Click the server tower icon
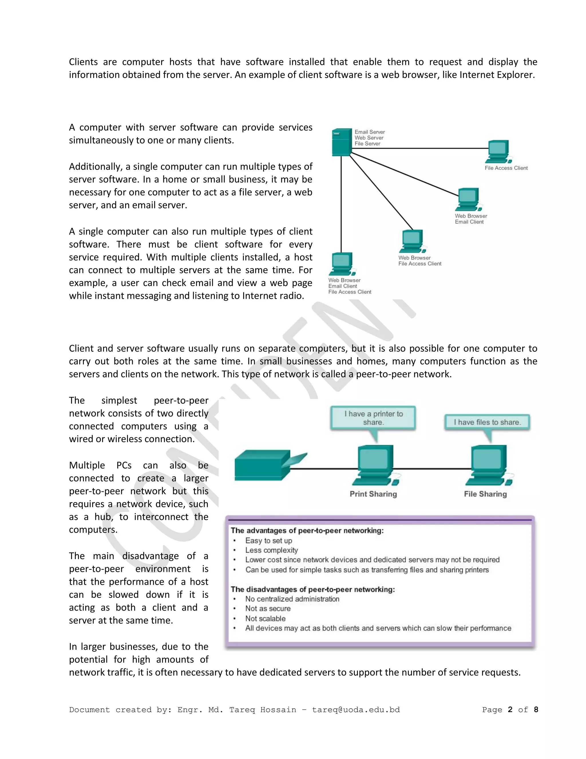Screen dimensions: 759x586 [x=342, y=142]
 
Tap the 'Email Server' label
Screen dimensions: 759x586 [x=369, y=132]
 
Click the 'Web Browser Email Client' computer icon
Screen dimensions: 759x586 [x=469, y=199]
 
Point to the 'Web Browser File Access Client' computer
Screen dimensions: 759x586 [x=412, y=241]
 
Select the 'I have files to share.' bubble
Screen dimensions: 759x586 [x=487, y=422]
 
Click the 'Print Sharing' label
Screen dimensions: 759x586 [x=373, y=494]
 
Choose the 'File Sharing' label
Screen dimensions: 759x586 [x=485, y=494]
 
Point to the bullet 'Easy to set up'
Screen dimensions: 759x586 [x=268, y=540]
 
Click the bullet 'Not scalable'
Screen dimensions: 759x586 [x=265, y=618]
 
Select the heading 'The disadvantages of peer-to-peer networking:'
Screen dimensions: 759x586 [x=313, y=589]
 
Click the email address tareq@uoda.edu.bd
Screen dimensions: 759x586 [x=356, y=710]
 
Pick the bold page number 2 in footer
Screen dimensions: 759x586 [x=510, y=710]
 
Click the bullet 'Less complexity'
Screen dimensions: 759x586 [x=272, y=550]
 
